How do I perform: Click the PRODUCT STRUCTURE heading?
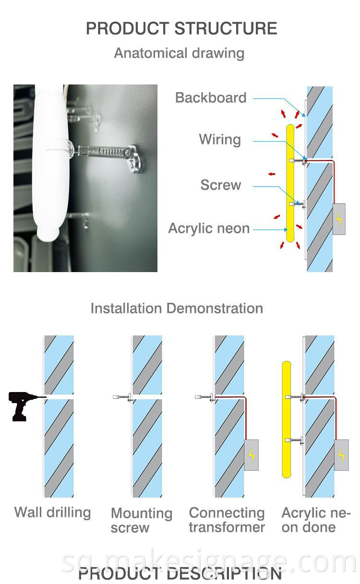(181, 28)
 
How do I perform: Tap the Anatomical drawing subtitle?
(179, 53)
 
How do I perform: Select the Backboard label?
(211, 98)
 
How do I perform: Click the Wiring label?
(220, 140)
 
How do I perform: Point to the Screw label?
(221, 185)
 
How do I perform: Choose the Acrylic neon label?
(209, 228)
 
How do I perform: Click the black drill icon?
(24, 405)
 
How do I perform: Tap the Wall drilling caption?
(53, 512)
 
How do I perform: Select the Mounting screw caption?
(142, 520)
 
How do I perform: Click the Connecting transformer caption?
(227, 520)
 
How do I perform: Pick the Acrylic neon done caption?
(316, 520)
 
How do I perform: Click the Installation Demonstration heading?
(177, 309)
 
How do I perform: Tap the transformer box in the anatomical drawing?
(339, 219)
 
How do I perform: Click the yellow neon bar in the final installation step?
(287, 419)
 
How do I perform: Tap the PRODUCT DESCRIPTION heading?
(180, 574)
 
